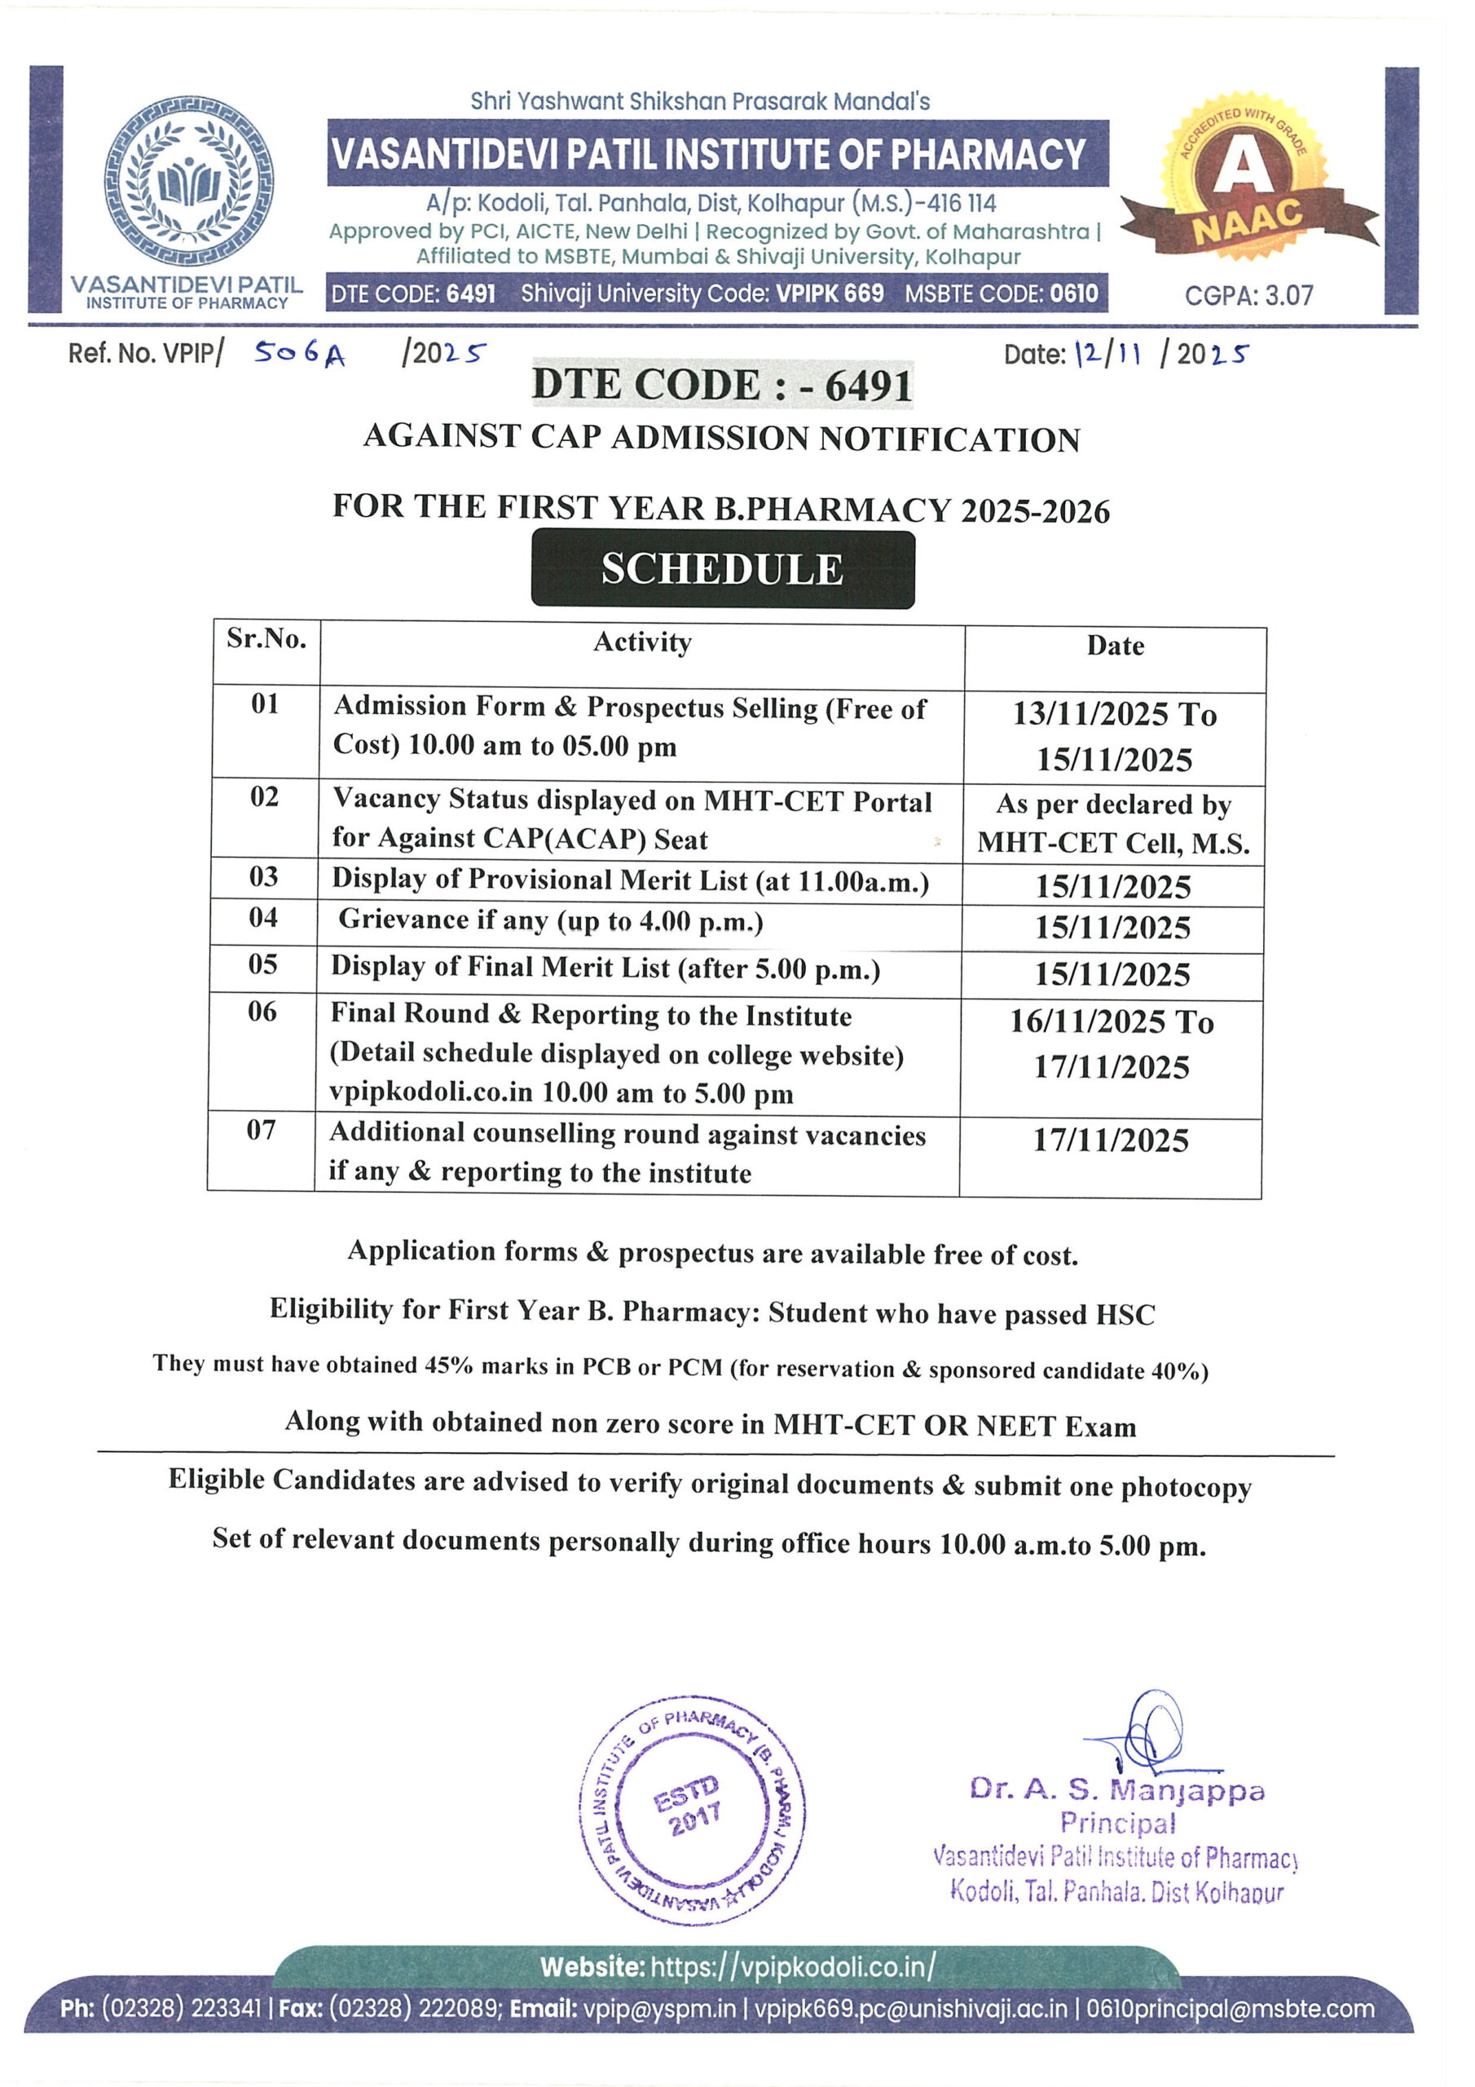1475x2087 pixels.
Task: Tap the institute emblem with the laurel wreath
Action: pos(189,182)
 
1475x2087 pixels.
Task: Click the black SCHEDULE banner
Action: pos(723,569)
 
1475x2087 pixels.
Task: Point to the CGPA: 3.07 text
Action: pos(1248,295)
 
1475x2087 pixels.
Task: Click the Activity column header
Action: pos(642,642)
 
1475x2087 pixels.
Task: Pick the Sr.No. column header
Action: pos(266,639)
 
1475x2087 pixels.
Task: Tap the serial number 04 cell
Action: pos(263,917)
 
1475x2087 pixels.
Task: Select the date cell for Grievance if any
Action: pos(1112,928)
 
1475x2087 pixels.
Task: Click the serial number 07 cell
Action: pos(261,1130)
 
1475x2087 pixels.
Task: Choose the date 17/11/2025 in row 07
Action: pos(1111,1141)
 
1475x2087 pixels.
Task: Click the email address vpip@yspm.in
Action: pos(660,2009)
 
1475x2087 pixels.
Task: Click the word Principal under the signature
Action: pos(1117,1823)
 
